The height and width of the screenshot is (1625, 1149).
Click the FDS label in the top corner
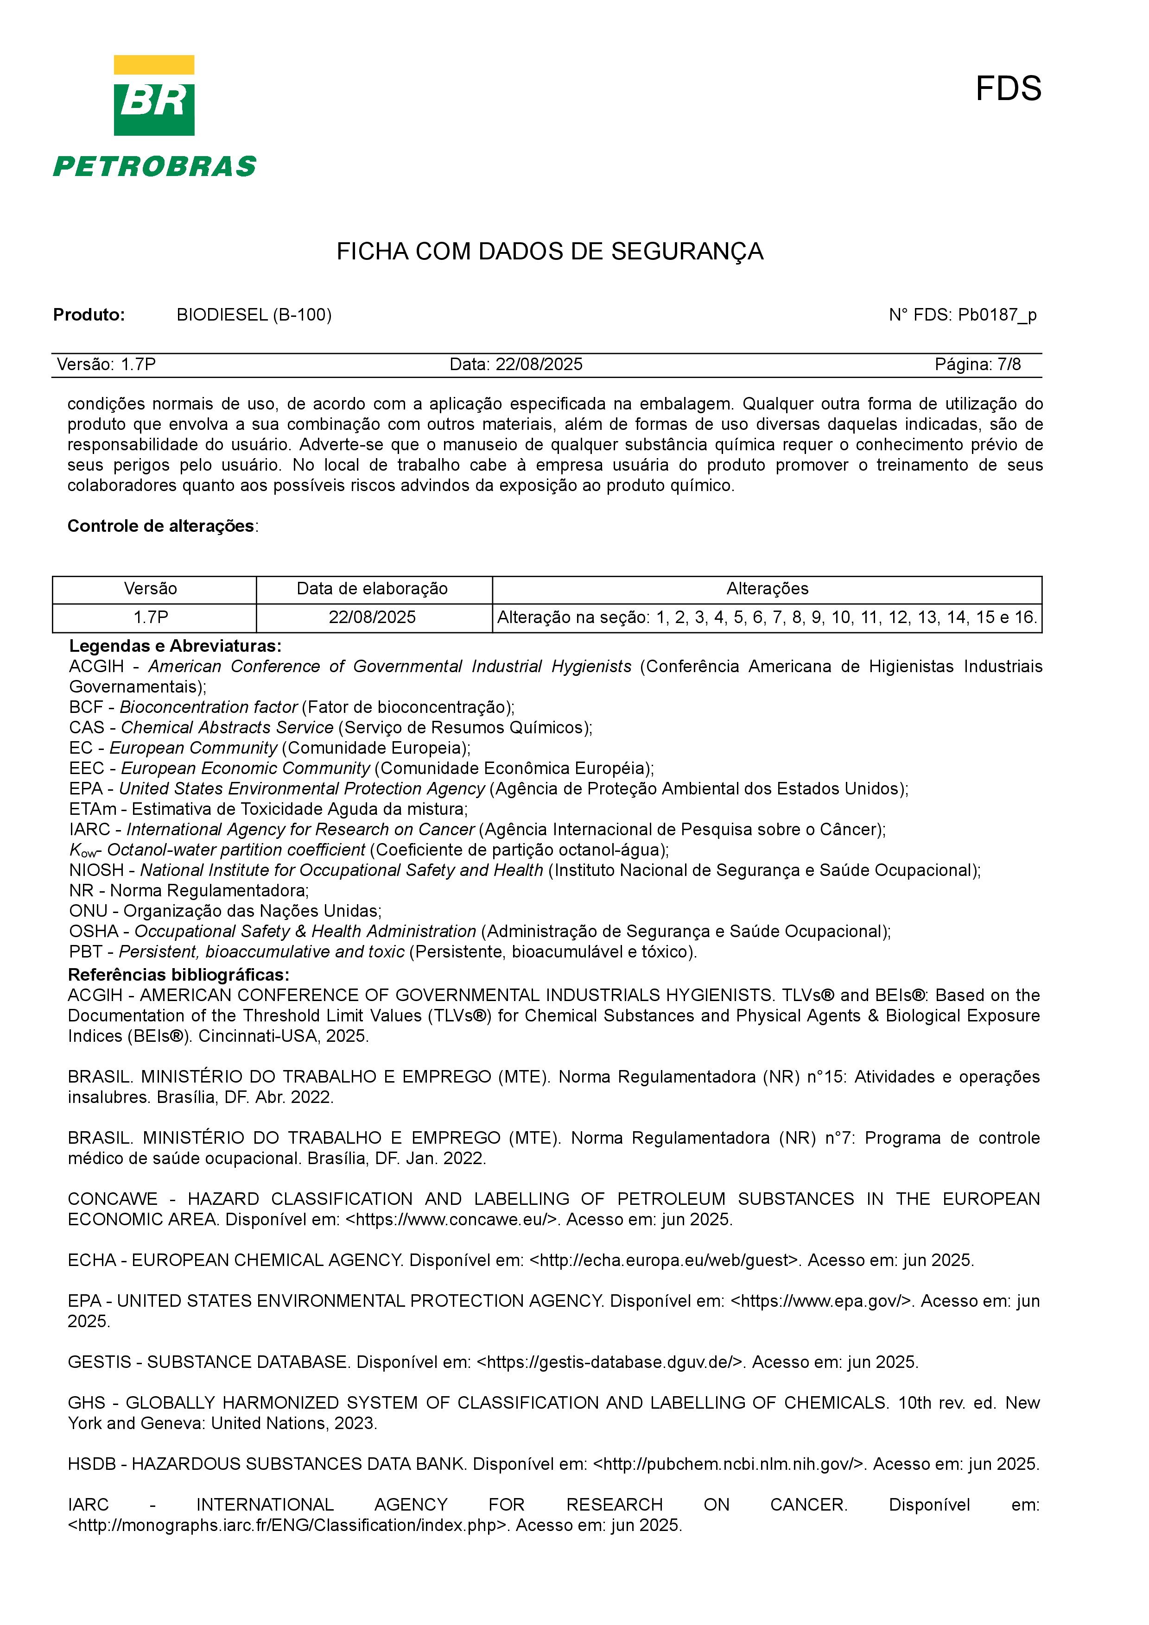(x=1008, y=89)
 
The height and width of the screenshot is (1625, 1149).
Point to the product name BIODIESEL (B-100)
(x=254, y=315)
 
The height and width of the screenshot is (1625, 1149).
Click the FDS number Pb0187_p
(x=997, y=315)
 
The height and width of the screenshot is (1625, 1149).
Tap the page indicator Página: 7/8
(x=977, y=365)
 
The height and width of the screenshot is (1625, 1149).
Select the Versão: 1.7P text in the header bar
(x=106, y=365)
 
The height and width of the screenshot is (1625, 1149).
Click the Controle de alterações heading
(x=161, y=526)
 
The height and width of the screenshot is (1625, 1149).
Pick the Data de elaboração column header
(x=372, y=589)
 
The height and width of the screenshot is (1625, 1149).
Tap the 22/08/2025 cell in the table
(x=372, y=617)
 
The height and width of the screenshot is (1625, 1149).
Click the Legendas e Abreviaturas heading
(x=175, y=646)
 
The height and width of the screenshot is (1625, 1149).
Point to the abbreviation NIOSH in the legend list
(x=96, y=870)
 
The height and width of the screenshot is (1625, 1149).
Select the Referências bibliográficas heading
(x=178, y=975)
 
